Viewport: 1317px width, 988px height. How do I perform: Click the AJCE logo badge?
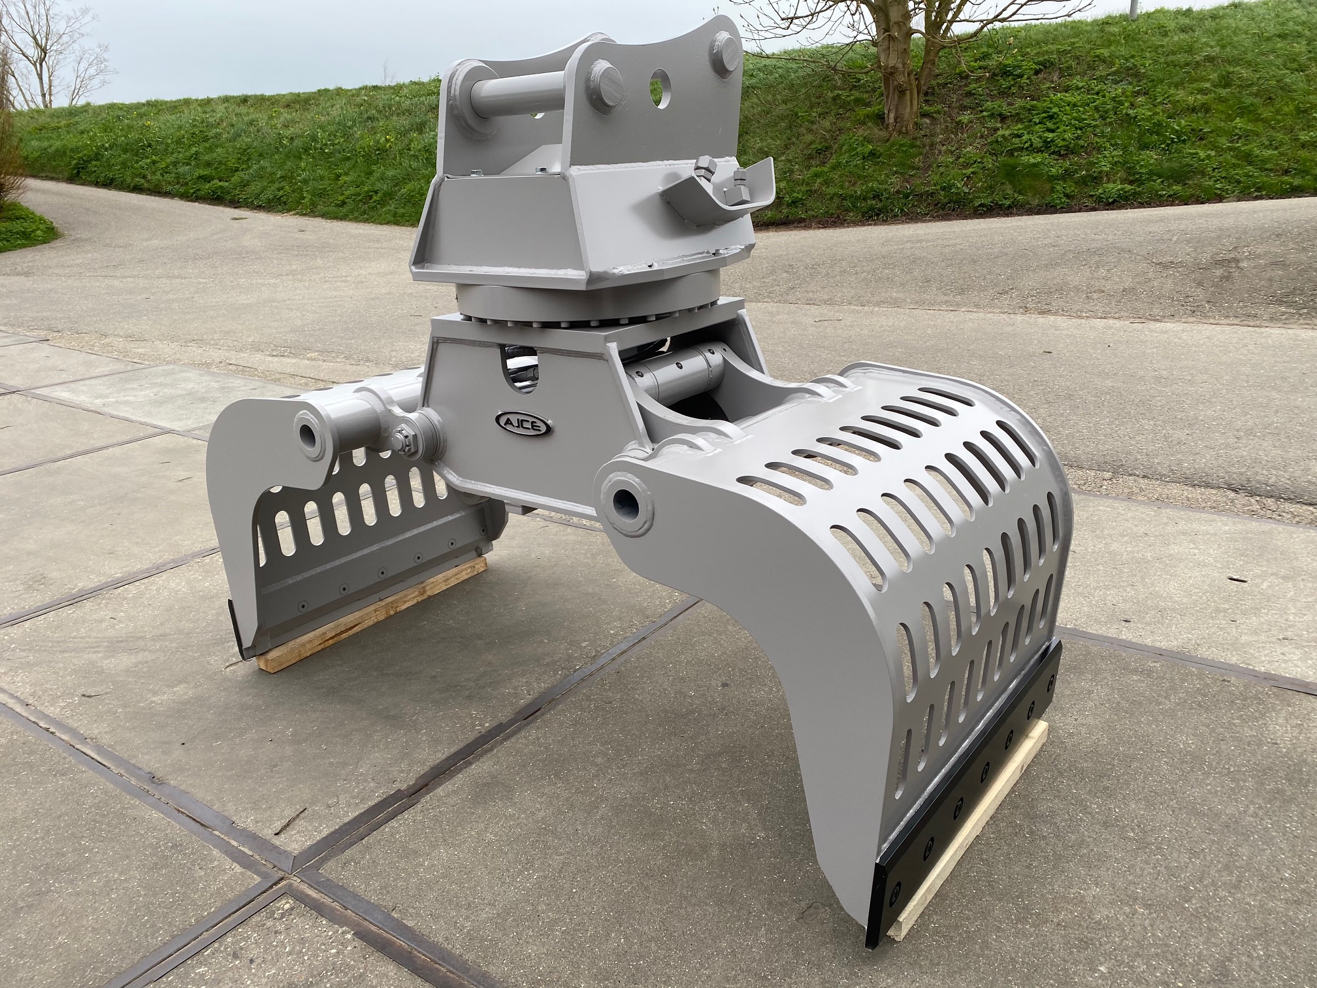[523, 421]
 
